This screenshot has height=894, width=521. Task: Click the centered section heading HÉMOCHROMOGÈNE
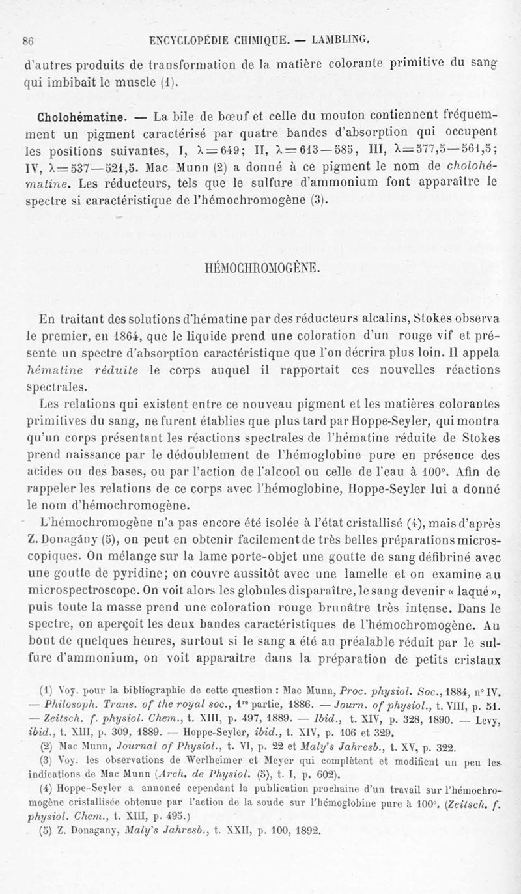(260, 268)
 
